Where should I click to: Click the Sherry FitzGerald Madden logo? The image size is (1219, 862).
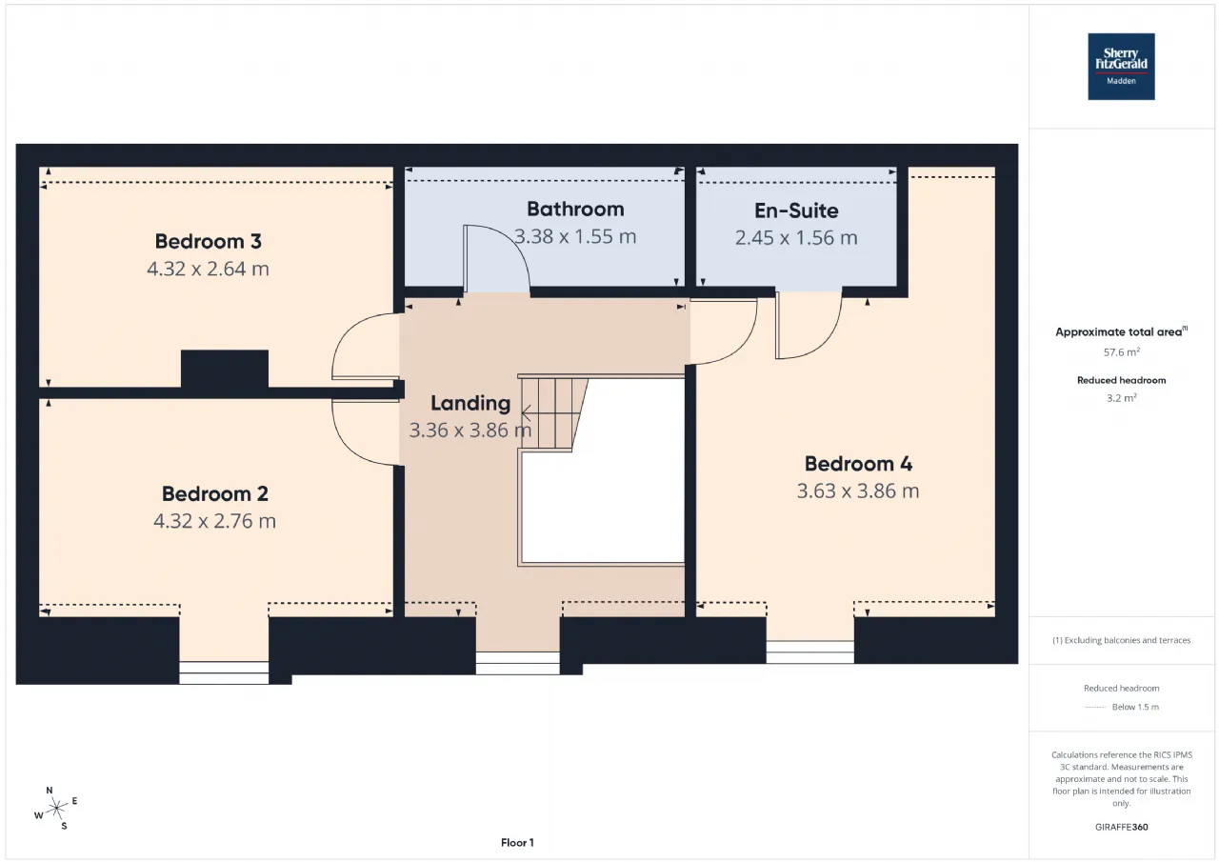[x=1121, y=67]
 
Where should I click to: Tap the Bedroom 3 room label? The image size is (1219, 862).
[x=208, y=241]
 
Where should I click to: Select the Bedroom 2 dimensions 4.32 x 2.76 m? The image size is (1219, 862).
[x=214, y=521]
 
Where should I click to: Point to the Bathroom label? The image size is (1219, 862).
[x=575, y=209]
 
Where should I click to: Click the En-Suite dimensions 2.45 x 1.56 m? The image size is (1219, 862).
[x=796, y=238]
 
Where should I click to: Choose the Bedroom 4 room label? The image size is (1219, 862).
[x=858, y=464]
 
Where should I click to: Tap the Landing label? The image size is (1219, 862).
[x=470, y=403]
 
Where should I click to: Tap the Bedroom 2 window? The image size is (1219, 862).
[x=224, y=672]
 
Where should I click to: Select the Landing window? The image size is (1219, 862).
[x=517, y=663]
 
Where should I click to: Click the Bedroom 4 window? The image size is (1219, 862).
[x=810, y=652]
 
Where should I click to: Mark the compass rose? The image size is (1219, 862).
[x=56, y=808]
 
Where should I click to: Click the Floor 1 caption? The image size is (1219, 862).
[x=517, y=842]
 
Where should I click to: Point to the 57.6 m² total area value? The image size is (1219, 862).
[x=1121, y=351]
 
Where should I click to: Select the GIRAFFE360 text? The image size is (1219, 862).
[x=1121, y=827]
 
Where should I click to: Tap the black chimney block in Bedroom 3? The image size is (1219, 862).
[x=224, y=369]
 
